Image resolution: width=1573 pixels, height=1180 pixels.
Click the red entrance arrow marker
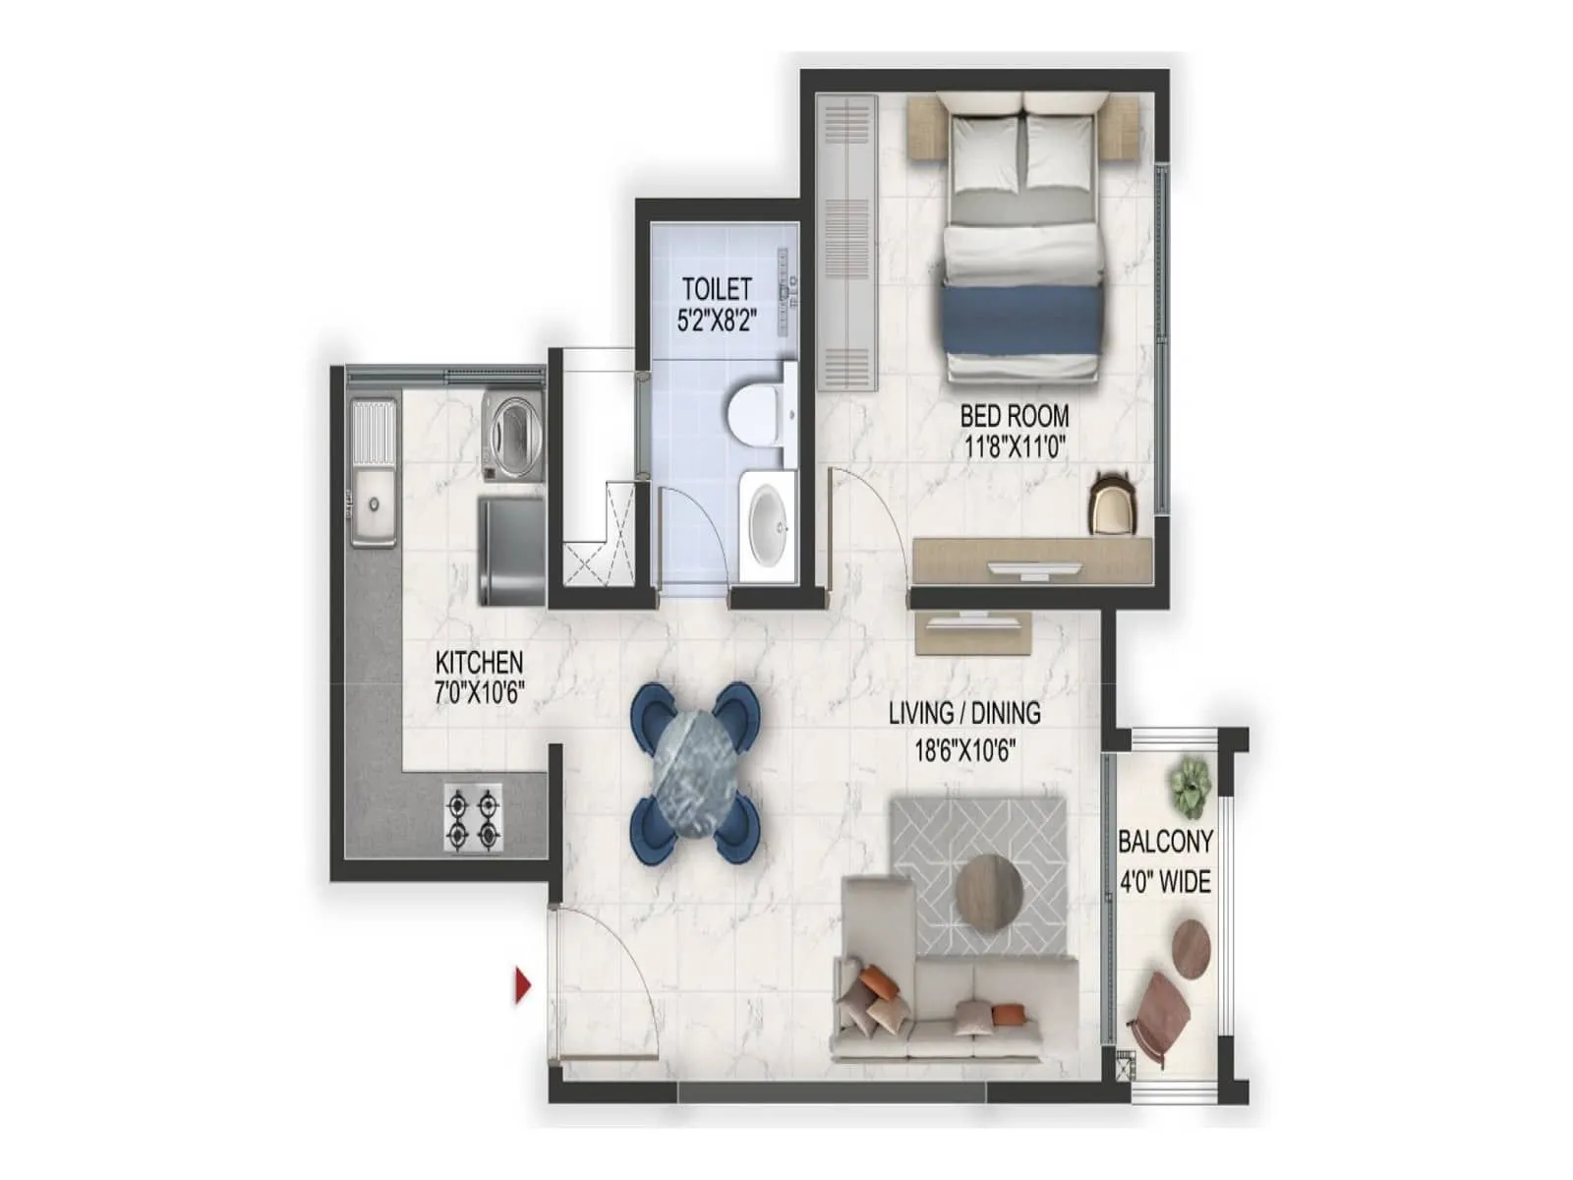pyautogui.click(x=522, y=987)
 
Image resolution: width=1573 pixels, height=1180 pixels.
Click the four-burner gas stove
pyautogui.click(x=472, y=816)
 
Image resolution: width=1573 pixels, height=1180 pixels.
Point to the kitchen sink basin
pyautogui.click(x=373, y=506)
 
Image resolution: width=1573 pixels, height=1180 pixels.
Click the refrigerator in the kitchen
pyautogui.click(x=510, y=552)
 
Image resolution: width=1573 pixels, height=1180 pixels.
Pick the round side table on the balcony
pyautogui.click(x=1191, y=947)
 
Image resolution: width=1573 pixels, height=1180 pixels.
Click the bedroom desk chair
pyautogui.click(x=1111, y=501)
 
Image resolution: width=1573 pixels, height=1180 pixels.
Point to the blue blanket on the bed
pyautogui.click(x=1021, y=319)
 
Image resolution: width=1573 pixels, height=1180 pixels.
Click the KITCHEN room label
pyautogui.click(x=480, y=661)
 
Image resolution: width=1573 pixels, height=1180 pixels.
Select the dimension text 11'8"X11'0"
pyautogui.click(x=1014, y=448)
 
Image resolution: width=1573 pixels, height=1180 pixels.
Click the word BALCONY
pyautogui.click(x=1165, y=841)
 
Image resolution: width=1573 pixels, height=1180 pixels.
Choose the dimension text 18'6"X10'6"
pyautogui.click(x=965, y=751)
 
